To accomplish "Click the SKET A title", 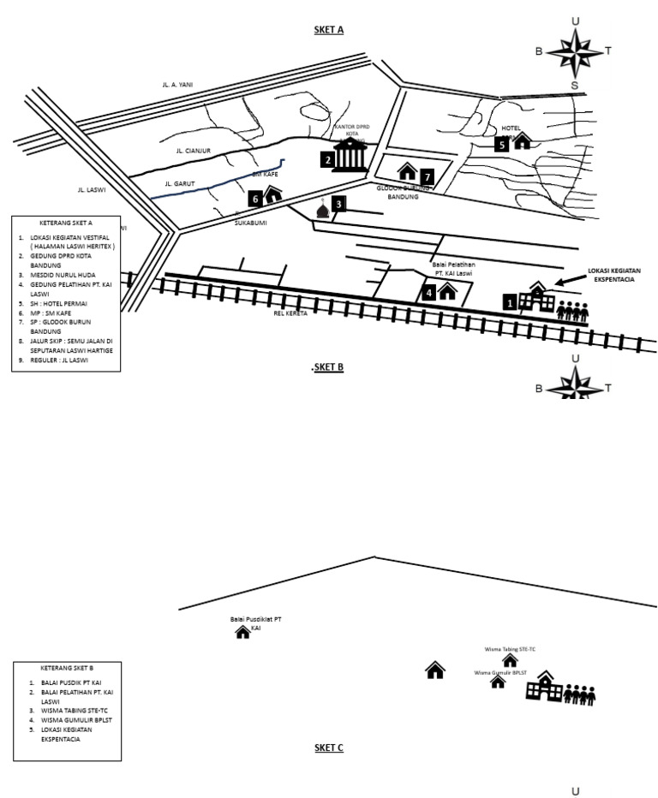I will point(328,30).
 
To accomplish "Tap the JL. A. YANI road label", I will point(177,85).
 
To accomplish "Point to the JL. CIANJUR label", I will point(193,151).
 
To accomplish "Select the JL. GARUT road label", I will point(180,183).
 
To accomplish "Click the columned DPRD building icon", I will point(349,155).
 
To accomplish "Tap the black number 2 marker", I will point(327,159).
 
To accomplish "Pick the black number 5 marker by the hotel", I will point(502,145).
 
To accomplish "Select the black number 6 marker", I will point(254,199).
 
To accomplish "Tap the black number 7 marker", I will point(428,176).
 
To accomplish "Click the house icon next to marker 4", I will point(446,292).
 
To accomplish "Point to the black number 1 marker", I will point(509,302).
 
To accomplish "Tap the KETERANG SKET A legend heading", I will point(66,223).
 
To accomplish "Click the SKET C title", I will point(328,747).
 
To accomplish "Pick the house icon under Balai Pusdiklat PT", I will point(242,632).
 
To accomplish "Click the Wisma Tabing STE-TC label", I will point(510,650).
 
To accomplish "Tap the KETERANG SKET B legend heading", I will point(67,668).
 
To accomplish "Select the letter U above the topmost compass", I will point(575,21).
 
